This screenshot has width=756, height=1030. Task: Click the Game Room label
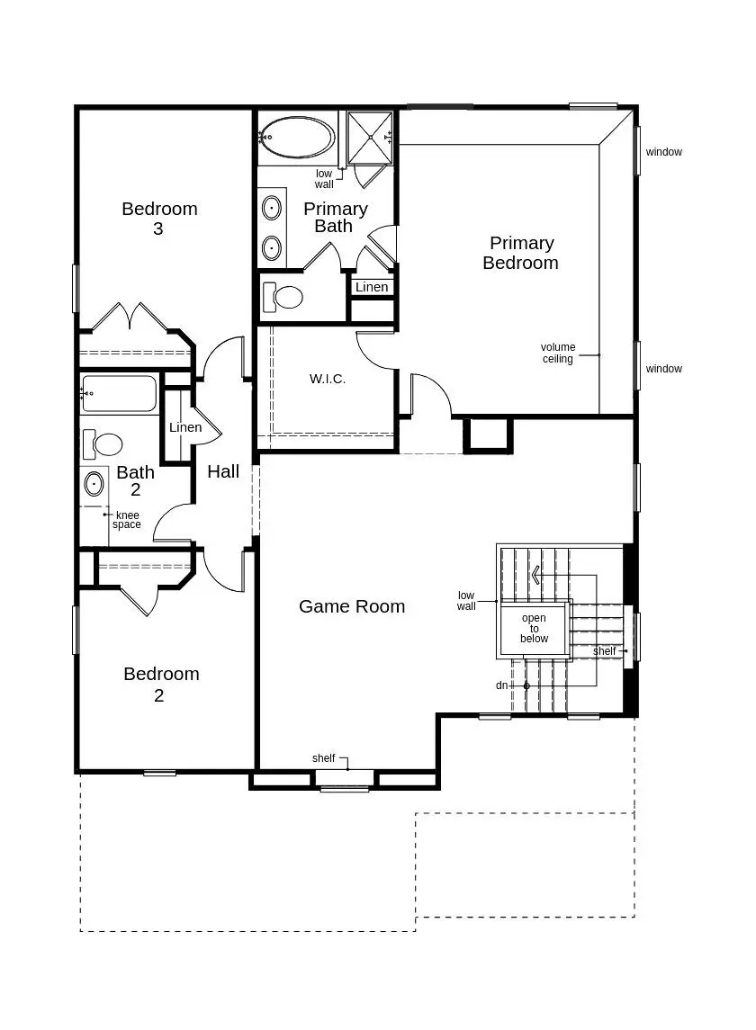352,606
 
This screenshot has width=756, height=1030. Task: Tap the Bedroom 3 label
159,218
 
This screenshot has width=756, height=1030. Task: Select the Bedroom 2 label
161,684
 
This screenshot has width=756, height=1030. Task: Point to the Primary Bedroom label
521,253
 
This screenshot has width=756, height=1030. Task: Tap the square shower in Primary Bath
370,138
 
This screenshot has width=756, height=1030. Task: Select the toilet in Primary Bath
283,297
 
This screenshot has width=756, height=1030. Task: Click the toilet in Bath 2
103,444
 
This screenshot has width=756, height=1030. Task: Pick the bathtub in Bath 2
118,393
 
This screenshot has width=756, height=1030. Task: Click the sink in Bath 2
94,485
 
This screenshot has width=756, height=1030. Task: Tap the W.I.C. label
328,379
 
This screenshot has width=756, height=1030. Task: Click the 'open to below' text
534,628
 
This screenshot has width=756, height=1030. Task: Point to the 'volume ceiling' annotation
557,353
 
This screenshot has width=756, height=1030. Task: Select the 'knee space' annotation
127,520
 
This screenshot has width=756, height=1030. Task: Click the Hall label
223,471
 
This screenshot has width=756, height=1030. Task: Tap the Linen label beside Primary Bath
372,287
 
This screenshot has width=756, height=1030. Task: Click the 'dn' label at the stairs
501,685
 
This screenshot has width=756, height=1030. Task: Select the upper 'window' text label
664,152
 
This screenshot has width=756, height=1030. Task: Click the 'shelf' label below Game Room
323,758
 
